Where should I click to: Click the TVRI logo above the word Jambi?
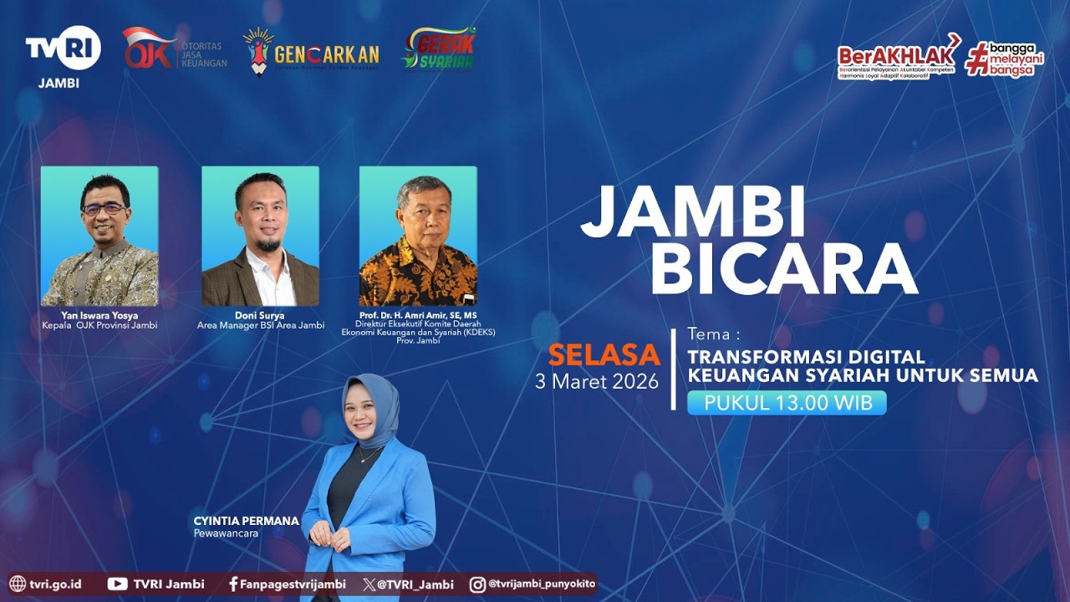[x=63, y=48]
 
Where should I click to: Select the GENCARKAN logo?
[x=311, y=52]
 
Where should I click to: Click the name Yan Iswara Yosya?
[x=99, y=315]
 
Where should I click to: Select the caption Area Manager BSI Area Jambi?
[x=261, y=325]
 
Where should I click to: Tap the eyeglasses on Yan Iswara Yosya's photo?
[x=104, y=209]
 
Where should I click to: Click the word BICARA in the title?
[x=783, y=269]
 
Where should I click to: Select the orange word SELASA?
[x=604, y=355]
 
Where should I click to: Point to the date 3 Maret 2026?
[x=597, y=382]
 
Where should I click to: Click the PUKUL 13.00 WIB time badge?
[x=787, y=403]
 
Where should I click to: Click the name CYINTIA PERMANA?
[x=246, y=521]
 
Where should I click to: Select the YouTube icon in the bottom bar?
[x=117, y=584]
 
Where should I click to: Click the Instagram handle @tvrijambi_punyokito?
[x=541, y=584]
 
